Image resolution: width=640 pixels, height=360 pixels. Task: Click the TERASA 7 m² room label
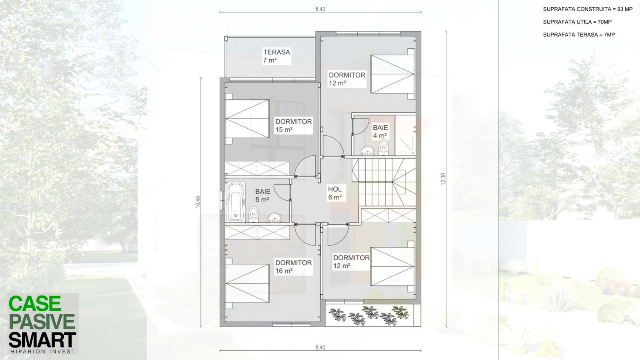coord(276,56)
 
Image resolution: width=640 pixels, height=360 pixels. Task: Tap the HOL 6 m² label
coord(335,193)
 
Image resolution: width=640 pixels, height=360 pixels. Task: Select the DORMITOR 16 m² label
coord(294,266)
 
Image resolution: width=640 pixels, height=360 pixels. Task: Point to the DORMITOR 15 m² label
coord(294,126)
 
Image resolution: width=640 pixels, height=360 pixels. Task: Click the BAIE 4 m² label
coord(380,132)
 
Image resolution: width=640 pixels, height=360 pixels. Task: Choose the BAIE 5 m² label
coord(262,196)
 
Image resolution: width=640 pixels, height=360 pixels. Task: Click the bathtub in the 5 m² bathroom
coord(236,202)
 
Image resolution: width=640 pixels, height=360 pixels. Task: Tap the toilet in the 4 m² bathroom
coord(384,148)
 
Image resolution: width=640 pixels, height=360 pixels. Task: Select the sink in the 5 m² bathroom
coord(274,218)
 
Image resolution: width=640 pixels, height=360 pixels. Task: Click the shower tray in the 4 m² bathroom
coord(406,136)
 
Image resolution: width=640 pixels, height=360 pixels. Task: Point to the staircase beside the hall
coord(384,182)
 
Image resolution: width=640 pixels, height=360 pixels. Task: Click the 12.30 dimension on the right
coord(443,179)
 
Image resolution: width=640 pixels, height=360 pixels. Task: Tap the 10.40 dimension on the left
coord(198,202)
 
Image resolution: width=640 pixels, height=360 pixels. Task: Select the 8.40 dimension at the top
coord(320,9)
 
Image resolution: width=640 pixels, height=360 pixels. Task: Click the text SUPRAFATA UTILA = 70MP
coord(577,22)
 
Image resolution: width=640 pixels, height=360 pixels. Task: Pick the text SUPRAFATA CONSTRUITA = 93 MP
coord(588,9)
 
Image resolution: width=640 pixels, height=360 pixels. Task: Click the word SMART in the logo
coord(42,340)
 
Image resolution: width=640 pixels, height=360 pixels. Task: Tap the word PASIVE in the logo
coord(42,322)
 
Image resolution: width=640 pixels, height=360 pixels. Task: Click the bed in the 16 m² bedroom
coord(248,283)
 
